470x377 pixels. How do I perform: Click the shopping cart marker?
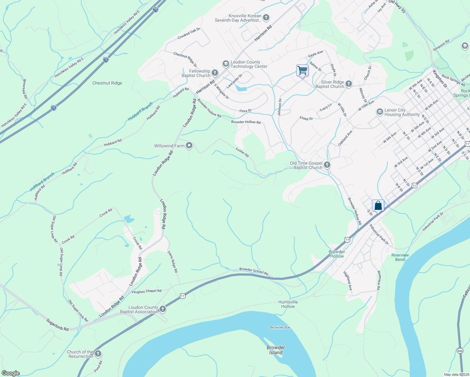[302, 70]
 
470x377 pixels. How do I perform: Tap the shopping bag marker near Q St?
[378, 205]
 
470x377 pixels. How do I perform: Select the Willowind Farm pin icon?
[189, 145]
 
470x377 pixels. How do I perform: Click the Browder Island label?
[276, 350]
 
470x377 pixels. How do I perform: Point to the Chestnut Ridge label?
[107, 83]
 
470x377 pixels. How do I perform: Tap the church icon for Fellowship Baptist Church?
[215, 73]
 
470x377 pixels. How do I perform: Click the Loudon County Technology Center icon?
[226, 64]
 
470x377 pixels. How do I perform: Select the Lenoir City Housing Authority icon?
[380, 112]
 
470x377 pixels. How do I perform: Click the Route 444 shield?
[460, 351]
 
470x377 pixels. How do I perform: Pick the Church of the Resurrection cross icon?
[98, 354]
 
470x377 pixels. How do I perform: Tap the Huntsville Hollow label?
[288, 304]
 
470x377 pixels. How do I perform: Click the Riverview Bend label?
[400, 257]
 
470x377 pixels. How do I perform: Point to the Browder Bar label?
[280, 327]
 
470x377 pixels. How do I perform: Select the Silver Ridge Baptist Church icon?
[349, 84]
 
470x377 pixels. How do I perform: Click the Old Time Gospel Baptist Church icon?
[327, 165]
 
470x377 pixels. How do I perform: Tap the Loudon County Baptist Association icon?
[162, 309]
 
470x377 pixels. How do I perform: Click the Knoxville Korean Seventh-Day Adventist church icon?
[266, 18]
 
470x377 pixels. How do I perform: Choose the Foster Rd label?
[242, 153]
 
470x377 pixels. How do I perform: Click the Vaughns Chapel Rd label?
[146, 291]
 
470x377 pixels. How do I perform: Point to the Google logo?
[10, 373]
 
